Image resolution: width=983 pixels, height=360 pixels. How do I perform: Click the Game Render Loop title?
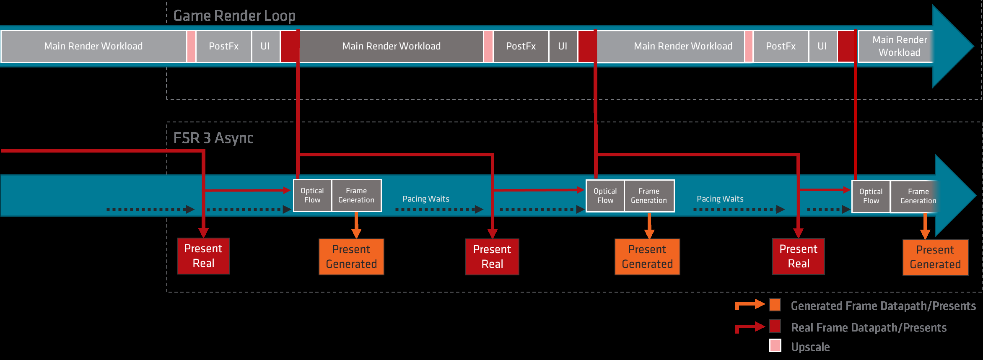[x=234, y=16]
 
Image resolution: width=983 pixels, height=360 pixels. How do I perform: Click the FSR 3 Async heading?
[x=213, y=138]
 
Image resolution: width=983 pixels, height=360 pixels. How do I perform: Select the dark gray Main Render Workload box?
[x=392, y=46]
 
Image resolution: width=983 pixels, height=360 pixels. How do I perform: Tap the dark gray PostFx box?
[x=521, y=46]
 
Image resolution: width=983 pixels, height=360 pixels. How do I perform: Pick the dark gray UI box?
[x=563, y=46]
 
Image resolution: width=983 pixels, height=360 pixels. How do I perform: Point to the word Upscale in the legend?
[x=810, y=347]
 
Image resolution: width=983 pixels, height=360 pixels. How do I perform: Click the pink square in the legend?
[x=775, y=346]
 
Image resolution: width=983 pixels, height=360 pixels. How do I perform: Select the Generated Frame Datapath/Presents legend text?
[x=883, y=306]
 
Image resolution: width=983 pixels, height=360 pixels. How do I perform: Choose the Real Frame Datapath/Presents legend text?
[x=869, y=328]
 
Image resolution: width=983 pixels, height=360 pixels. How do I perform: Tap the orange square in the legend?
[x=775, y=305]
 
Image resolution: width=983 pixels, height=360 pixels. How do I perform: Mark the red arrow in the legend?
[x=750, y=327]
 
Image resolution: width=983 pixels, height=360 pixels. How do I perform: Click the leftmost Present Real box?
[x=203, y=256]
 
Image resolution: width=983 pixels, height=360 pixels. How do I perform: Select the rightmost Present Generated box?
[x=935, y=257]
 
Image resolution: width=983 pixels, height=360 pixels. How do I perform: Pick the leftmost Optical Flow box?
[x=312, y=195]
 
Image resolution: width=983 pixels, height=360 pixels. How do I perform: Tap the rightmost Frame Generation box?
[x=914, y=196]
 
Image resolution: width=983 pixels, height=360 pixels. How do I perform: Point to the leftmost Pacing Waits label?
[x=426, y=199]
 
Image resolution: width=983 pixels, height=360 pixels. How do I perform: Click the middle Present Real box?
[x=492, y=257]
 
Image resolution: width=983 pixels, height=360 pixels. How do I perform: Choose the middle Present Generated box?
[x=647, y=257]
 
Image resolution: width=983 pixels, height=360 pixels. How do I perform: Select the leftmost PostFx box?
[x=224, y=46]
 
